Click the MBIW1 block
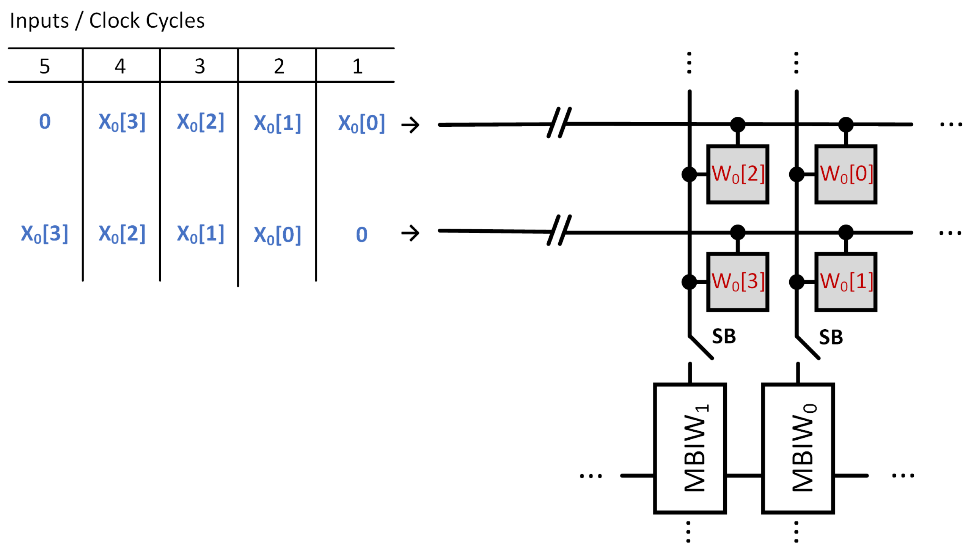[689, 448]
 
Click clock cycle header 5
[45, 66]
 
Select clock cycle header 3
[200, 66]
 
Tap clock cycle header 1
[357, 66]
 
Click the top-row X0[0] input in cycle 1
[361, 123]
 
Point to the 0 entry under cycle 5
[45, 122]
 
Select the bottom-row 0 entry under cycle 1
[361, 234]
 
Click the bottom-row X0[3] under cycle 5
[45, 233]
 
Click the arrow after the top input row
[410, 125]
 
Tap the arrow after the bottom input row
[410, 233]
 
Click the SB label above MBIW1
[723, 336]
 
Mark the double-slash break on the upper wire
[559, 123]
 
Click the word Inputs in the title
[39, 21]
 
